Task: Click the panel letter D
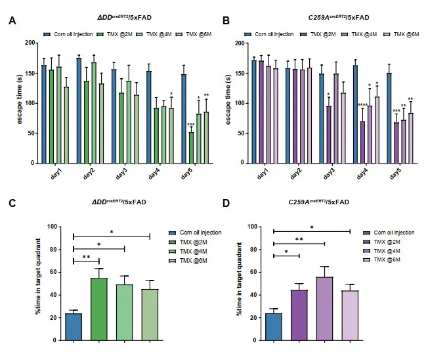[x=226, y=204]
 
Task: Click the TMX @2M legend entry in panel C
[x=190, y=242]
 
